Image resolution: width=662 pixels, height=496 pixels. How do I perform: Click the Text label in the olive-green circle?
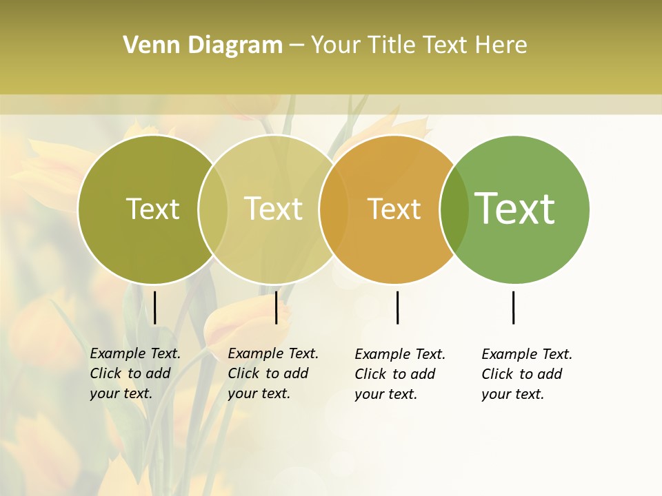click(x=152, y=209)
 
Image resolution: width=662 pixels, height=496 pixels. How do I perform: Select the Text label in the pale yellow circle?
click(x=274, y=209)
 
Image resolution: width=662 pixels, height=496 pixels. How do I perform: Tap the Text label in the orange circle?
click(x=394, y=209)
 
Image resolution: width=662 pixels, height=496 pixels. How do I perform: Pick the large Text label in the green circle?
click(x=514, y=209)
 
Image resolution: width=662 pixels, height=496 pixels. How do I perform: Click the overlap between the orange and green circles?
click(x=453, y=209)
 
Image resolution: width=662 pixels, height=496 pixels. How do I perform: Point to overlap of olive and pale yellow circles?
click(x=213, y=209)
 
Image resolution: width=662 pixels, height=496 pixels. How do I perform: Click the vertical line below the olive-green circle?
click(x=155, y=307)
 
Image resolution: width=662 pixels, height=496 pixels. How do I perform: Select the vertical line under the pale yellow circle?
click(x=276, y=307)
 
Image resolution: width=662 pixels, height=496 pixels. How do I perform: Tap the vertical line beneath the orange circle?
click(x=397, y=307)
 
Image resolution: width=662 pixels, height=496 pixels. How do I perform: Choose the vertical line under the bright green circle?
click(x=513, y=307)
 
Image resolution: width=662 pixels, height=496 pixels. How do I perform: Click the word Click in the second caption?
click(x=243, y=373)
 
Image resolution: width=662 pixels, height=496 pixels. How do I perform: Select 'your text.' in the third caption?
click(x=385, y=394)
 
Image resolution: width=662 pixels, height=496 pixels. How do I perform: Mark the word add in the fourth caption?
click(x=550, y=374)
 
